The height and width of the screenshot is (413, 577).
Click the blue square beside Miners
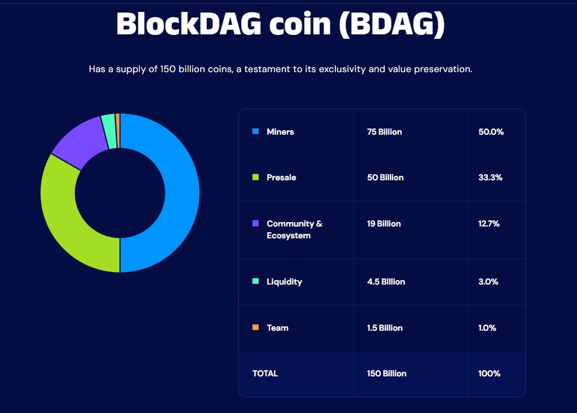[256, 131]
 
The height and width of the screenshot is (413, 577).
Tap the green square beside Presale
[256, 177]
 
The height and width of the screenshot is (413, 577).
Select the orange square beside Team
[256, 327]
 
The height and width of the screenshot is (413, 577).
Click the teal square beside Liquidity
[256, 281]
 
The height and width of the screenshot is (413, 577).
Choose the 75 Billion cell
[384, 132]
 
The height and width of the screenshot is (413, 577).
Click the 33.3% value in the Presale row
[490, 177]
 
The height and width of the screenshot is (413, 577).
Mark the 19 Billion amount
[384, 224]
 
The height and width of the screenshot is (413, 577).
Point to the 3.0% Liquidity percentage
[488, 282]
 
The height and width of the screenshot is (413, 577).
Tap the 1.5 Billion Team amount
[385, 328]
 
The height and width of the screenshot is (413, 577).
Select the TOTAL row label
[265, 374]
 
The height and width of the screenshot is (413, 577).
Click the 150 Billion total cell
[387, 374]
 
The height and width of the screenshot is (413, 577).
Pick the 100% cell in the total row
[489, 374]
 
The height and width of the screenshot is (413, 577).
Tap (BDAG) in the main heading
[392, 24]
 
